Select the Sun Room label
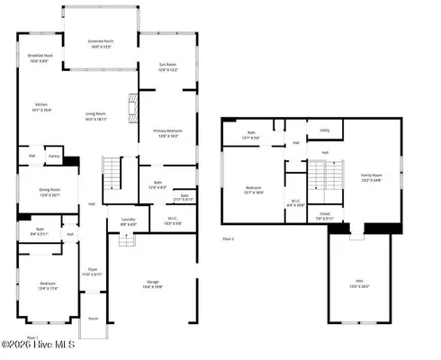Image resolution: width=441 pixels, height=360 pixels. [x=168, y=66]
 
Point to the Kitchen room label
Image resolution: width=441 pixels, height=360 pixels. [x=41, y=105]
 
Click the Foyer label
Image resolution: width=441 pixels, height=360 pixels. [x=92, y=271]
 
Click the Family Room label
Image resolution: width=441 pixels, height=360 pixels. [x=372, y=176]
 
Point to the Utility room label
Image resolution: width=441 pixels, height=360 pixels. [x=324, y=130]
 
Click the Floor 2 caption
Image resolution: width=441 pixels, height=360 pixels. [x=229, y=238]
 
